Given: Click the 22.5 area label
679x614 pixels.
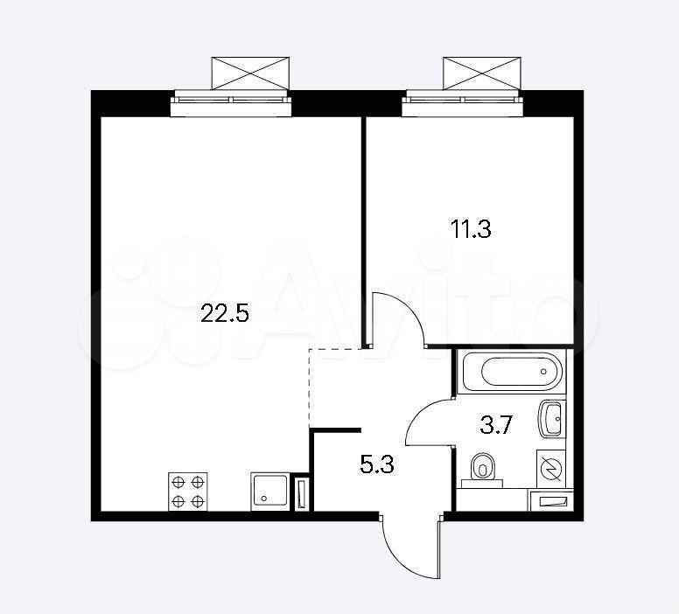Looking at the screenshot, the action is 225,313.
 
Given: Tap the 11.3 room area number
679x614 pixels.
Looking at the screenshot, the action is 471,229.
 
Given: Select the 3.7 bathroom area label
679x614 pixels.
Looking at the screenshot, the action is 496,425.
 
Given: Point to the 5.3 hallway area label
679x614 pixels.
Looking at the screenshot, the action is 377,465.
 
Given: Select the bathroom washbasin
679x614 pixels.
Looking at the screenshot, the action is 550,419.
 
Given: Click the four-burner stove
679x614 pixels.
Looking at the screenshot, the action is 187,492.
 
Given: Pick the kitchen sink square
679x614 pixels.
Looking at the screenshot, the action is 269,492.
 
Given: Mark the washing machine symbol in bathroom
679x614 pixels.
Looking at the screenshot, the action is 551,470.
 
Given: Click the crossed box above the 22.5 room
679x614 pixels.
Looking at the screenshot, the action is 250,73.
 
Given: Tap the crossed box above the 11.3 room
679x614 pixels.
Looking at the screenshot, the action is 481,73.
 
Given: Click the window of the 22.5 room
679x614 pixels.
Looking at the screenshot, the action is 231,103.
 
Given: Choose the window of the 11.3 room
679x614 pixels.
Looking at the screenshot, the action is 463,103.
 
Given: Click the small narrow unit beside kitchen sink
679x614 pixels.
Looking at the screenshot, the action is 301,493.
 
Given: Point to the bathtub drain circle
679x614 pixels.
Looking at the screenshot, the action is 543,372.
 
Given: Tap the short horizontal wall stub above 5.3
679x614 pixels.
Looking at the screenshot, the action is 335,429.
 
